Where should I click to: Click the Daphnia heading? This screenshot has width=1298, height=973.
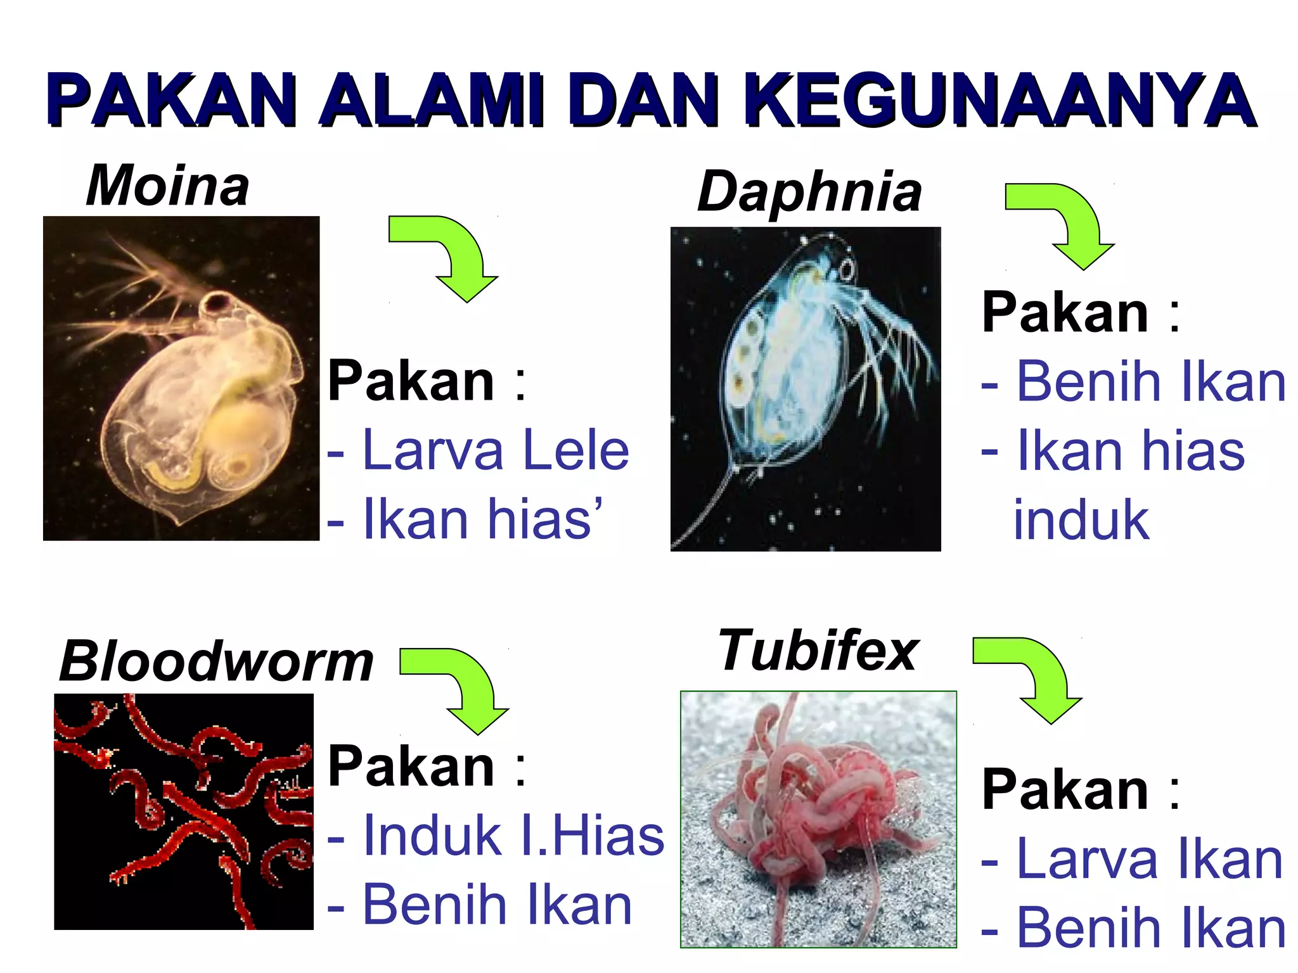(x=809, y=191)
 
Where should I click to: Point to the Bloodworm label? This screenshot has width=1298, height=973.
(x=216, y=661)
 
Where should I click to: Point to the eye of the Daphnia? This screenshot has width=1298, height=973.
(x=847, y=270)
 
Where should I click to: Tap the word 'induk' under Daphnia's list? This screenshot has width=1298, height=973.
(x=1081, y=520)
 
